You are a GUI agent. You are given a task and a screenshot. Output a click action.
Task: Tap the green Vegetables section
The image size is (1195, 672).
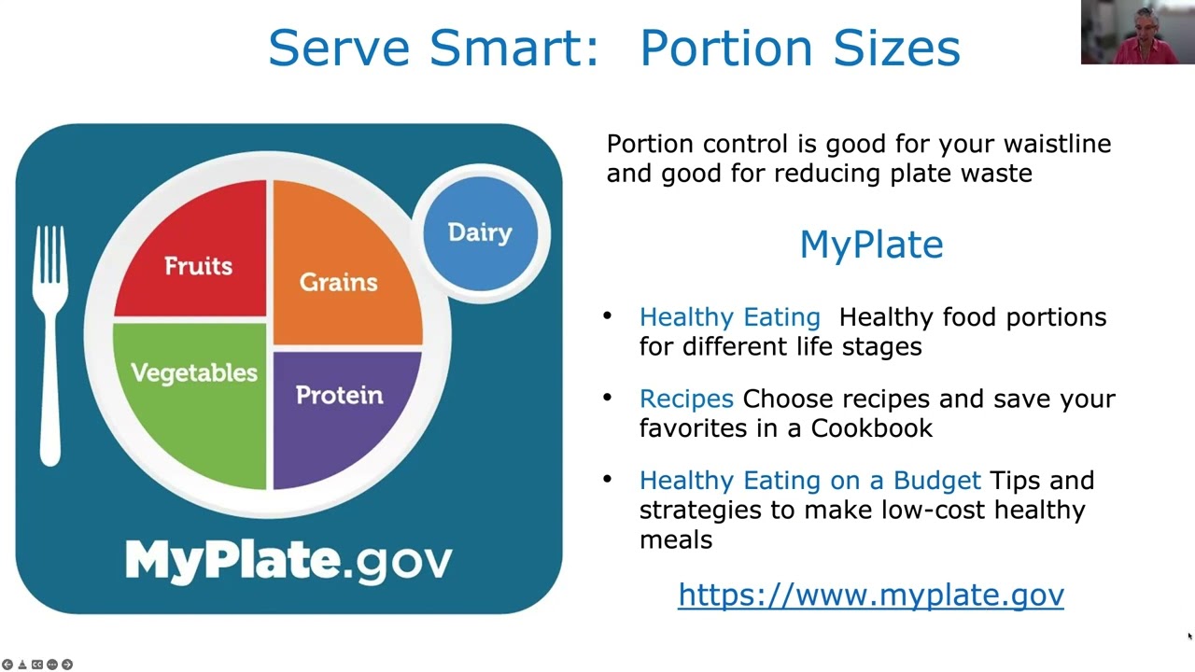194,392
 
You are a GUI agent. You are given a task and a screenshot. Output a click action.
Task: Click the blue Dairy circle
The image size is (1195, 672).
480,232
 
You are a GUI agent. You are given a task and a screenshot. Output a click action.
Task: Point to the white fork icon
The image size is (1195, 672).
49,345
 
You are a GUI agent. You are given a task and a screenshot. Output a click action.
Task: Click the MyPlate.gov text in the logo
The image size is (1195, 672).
288,559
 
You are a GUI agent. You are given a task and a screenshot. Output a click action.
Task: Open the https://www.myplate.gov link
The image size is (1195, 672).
870,595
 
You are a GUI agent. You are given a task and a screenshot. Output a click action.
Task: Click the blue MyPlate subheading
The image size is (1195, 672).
871,245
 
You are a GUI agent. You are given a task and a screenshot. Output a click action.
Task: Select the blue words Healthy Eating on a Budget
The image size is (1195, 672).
809,481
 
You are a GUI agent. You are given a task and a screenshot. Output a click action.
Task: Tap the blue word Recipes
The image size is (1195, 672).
686,399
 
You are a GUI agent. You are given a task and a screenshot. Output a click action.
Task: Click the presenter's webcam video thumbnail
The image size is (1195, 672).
1137,33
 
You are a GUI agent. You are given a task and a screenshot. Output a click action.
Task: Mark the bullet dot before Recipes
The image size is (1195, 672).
609,398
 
